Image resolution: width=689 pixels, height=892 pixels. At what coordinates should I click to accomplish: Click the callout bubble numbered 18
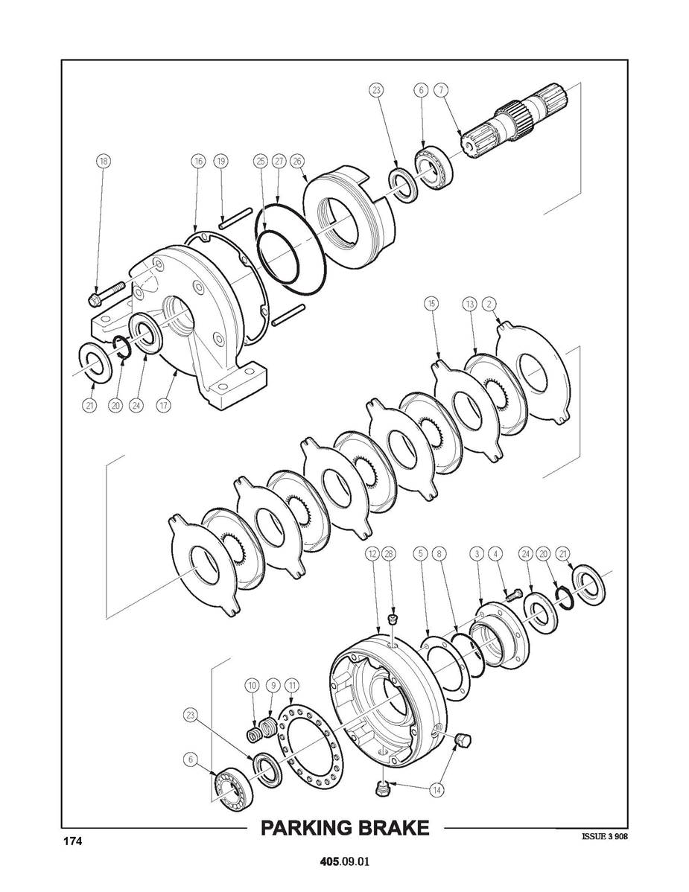coord(103,161)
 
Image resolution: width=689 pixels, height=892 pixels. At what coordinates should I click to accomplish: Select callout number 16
coord(197,161)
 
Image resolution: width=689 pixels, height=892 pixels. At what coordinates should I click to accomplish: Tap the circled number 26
coord(296,161)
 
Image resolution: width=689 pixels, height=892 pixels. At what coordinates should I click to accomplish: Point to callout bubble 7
coord(440,90)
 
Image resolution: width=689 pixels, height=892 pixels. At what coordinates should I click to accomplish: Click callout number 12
coord(372,553)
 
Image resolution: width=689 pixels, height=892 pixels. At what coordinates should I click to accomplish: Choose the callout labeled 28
coord(390,553)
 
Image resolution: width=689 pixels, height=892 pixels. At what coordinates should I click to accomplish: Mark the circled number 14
coord(437,789)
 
